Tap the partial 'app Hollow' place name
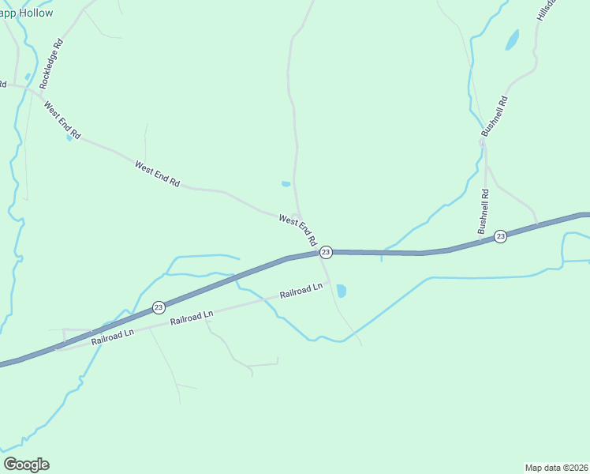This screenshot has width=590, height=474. coord(27,13)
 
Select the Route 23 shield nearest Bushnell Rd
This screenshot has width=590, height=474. coord(500,236)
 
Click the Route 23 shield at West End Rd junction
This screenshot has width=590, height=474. coord(326,252)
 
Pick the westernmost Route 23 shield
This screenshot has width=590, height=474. coord(159,307)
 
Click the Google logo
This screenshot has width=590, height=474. coord(26,465)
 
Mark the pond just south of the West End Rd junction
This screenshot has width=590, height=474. coord(342,291)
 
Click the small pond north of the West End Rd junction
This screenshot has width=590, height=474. coord(286,185)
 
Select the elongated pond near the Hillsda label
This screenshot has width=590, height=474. coord(513,39)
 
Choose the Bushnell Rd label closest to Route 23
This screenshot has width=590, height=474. coord(483,211)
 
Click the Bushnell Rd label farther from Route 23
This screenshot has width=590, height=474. coord(495,121)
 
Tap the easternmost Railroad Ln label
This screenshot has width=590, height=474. coord(301,291)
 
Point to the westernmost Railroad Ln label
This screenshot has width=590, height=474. coord(113,337)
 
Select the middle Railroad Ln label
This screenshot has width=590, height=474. coord(192,318)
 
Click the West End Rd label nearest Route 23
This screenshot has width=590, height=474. coord(297,228)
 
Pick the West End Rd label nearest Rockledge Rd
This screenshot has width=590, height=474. coord(62,121)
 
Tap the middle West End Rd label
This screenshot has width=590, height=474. coord(157,174)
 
